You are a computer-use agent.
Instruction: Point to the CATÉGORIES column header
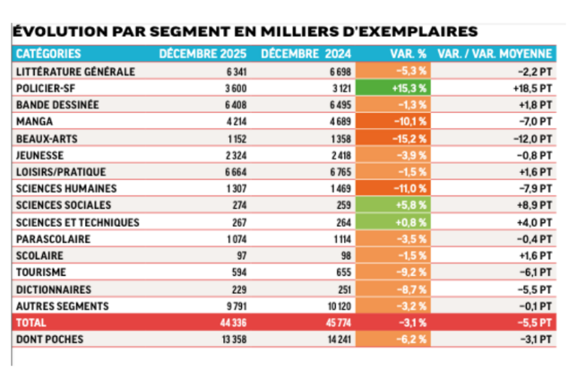48,54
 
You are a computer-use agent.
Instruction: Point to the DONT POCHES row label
50,339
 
